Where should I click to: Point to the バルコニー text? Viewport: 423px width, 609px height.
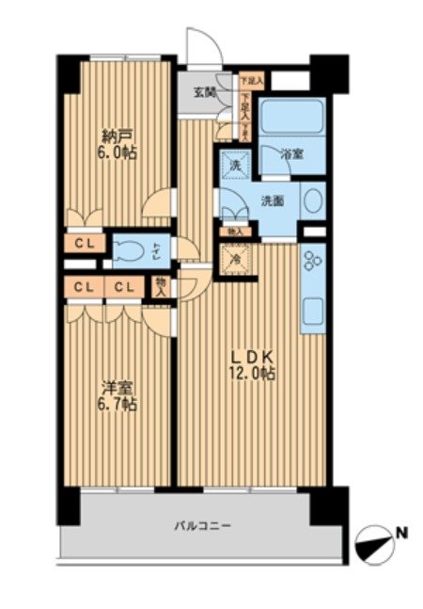click(200, 526)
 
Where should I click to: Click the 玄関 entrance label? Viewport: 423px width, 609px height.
click(205, 92)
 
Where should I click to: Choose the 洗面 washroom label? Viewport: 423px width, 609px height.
click(273, 200)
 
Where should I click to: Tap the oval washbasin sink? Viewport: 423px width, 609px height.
click(314, 200)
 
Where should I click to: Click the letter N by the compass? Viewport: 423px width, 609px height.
click(402, 534)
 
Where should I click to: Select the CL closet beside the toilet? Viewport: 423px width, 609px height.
click(85, 244)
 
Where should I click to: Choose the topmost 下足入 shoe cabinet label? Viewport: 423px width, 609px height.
click(250, 81)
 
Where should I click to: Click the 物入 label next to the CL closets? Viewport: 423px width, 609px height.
click(162, 287)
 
